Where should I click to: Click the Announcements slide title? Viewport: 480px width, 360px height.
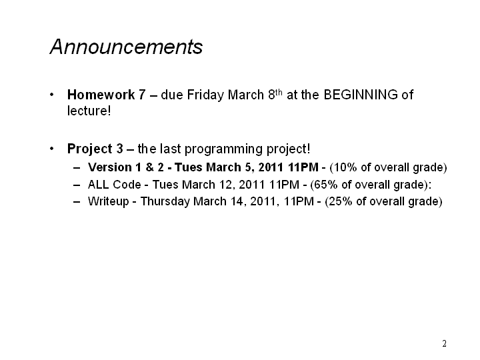coord(126,47)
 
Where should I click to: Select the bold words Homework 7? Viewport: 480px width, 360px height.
coord(106,95)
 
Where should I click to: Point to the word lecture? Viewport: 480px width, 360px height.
coord(89,111)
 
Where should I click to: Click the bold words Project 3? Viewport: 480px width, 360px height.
coord(95,149)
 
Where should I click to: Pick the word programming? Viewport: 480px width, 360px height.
coord(224,150)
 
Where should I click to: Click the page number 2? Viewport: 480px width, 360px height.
coord(444,343)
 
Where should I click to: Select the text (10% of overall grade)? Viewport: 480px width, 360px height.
coord(388,167)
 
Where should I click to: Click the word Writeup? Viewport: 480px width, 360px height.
coord(109,202)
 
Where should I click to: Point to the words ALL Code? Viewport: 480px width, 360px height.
coord(115,185)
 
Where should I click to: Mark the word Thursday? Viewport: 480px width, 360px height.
coord(165,202)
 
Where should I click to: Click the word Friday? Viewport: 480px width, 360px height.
coord(205,95)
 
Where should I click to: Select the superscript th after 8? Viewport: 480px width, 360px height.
coord(278,92)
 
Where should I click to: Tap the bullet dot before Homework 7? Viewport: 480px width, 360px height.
coord(52,95)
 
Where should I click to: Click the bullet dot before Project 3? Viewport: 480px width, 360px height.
coord(52,149)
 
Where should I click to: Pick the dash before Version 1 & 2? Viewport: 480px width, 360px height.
coord(77,168)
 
